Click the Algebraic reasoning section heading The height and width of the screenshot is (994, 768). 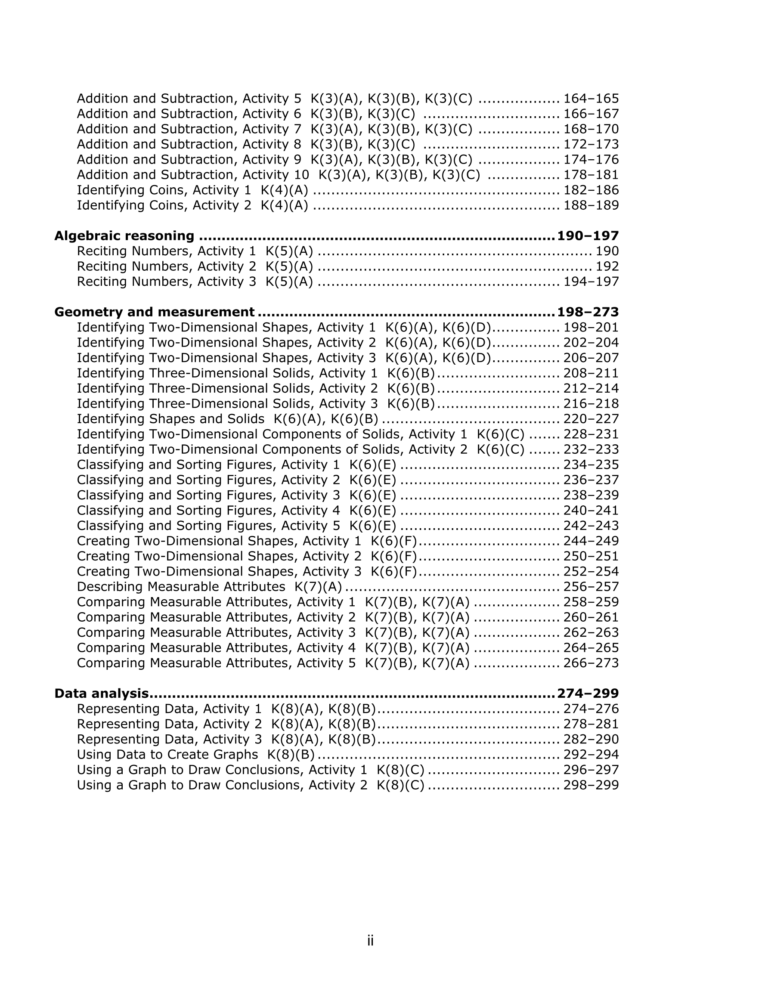(x=124, y=236)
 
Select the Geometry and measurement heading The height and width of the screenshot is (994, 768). (x=154, y=312)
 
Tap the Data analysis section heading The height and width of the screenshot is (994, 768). (x=101, y=693)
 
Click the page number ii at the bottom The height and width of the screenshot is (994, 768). (x=370, y=940)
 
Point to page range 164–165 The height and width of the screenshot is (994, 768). (x=591, y=98)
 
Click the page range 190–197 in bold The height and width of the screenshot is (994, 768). (x=588, y=236)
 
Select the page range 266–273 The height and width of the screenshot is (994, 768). (x=591, y=663)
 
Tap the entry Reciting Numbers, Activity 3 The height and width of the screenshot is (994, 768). (x=167, y=281)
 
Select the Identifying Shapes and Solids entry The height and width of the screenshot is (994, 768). (x=170, y=419)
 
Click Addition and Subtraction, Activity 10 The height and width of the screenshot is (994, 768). (x=192, y=175)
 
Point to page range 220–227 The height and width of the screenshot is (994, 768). (x=591, y=419)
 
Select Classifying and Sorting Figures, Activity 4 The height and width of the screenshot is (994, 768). (x=208, y=510)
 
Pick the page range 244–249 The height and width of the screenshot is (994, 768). (x=591, y=541)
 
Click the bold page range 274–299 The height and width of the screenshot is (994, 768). (x=588, y=693)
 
